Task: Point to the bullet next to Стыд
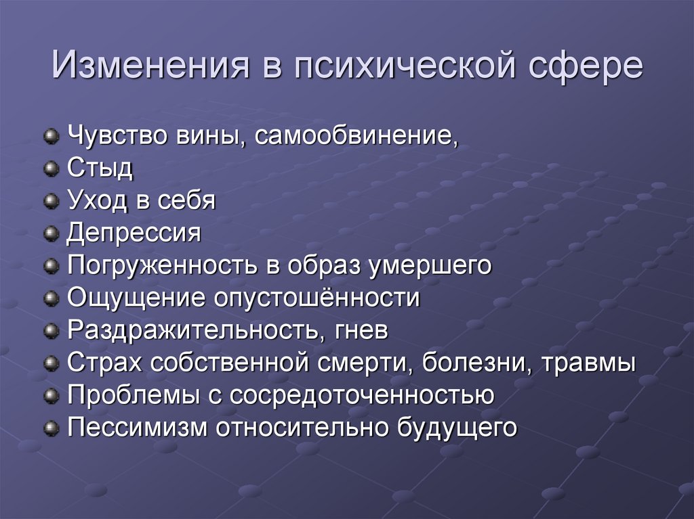click(x=52, y=168)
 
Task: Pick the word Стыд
click(x=100, y=168)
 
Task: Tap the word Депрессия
click(x=134, y=233)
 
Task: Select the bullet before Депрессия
click(x=52, y=233)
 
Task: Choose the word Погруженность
click(x=162, y=266)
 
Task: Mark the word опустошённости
click(x=317, y=298)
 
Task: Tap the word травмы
click(x=589, y=363)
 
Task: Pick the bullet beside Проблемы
click(x=52, y=395)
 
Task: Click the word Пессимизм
click(x=137, y=428)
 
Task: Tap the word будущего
click(x=457, y=428)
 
